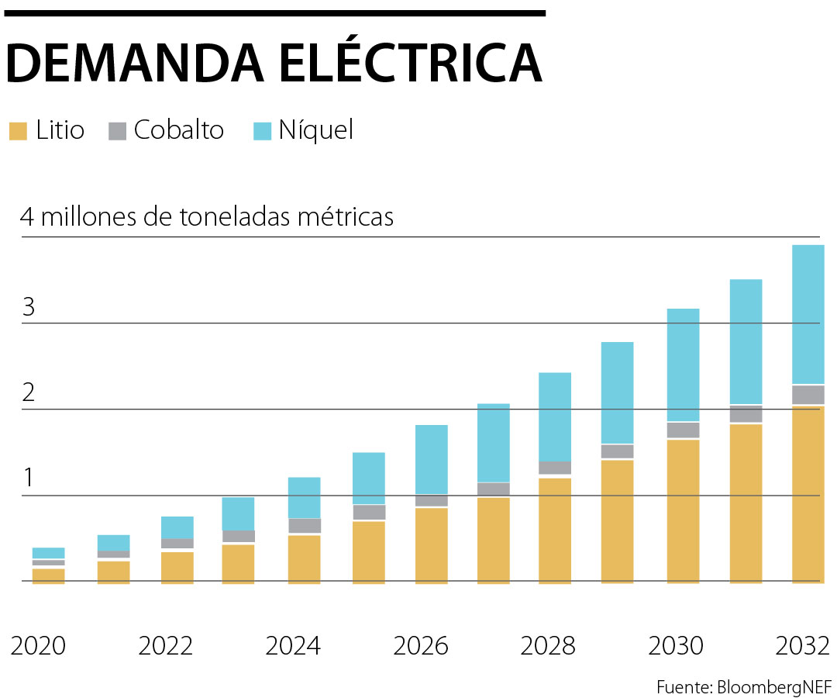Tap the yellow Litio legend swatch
[x=18, y=130]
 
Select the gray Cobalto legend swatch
[x=117, y=130]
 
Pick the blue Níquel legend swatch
[x=263, y=130]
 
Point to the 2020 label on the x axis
[x=39, y=645]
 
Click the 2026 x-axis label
[x=421, y=645]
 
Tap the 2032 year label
[x=802, y=645]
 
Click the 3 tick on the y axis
[x=29, y=307]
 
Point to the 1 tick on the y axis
[x=29, y=479]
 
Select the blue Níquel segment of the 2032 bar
[x=808, y=314]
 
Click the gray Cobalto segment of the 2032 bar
[x=808, y=395]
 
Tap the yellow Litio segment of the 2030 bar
[x=683, y=510]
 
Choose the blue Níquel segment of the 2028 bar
[x=555, y=416]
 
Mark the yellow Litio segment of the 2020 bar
[x=48, y=575]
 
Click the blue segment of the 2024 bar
[x=304, y=497]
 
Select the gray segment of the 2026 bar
[x=432, y=501]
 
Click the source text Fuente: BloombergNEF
[x=743, y=686]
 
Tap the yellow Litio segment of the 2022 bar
[x=177, y=567]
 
